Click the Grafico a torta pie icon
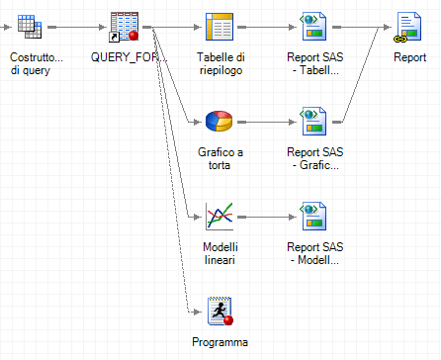(x=220, y=123)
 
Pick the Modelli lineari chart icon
(x=220, y=216)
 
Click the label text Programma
(x=220, y=342)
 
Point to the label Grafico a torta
(x=220, y=160)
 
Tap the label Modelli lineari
(x=220, y=253)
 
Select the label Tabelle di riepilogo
(x=220, y=64)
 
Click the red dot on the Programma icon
(x=228, y=320)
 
